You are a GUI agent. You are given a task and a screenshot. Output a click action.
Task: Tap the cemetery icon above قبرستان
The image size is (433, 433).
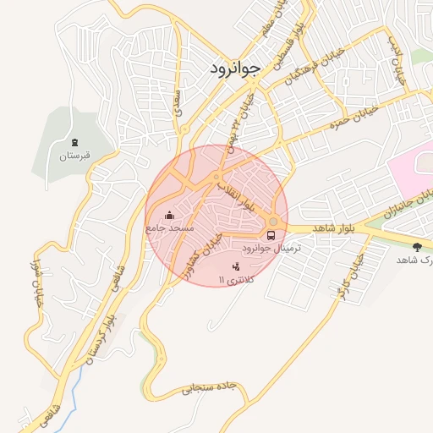tap(74, 141)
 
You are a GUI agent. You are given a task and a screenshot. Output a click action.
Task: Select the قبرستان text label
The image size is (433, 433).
tap(74, 156)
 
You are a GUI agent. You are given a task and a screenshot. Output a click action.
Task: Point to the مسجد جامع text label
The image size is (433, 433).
tap(169, 228)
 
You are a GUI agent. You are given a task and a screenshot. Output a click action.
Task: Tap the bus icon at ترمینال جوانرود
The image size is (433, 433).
tap(271, 235)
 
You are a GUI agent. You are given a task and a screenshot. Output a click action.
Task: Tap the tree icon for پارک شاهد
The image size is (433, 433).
tap(416, 246)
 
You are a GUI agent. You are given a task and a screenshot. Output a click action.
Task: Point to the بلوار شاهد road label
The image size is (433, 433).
tap(331, 228)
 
